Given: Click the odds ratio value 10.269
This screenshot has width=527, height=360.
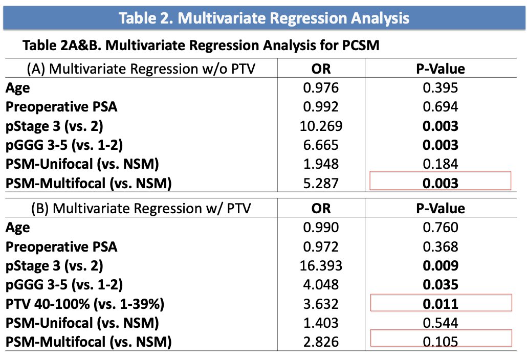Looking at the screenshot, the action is (321, 126).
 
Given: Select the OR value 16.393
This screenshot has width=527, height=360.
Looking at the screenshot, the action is (321, 265).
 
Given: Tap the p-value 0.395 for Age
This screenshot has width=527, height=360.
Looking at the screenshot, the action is (441, 88).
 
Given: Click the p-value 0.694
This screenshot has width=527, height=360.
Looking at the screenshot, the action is (441, 107).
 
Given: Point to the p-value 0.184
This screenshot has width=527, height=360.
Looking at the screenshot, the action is (441, 164).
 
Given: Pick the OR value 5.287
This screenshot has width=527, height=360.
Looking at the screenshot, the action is (321, 184).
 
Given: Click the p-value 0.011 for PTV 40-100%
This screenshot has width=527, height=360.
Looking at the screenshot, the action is (441, 304).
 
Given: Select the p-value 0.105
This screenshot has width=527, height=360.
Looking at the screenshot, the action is (441, 342).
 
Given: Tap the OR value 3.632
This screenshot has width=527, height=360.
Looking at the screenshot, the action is (321, 304).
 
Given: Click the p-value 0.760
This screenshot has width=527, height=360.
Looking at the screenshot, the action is (441, 228).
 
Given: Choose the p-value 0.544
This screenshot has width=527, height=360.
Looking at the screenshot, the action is (441, 323).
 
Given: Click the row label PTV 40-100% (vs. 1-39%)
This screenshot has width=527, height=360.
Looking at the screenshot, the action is (85, 304).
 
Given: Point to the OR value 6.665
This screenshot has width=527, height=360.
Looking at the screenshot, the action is (321, 145).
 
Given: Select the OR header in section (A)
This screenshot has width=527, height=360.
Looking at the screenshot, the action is (321, 69).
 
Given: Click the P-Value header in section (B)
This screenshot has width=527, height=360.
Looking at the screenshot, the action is (441, 209).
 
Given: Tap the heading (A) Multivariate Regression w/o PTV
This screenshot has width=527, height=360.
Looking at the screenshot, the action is (141, 69).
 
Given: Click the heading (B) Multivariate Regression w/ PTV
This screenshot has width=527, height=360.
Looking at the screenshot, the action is (141, 209).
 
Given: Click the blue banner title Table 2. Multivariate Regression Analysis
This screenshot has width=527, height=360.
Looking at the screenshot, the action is (264, 18).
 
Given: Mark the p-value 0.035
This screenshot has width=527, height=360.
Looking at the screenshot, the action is (441, 285).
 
